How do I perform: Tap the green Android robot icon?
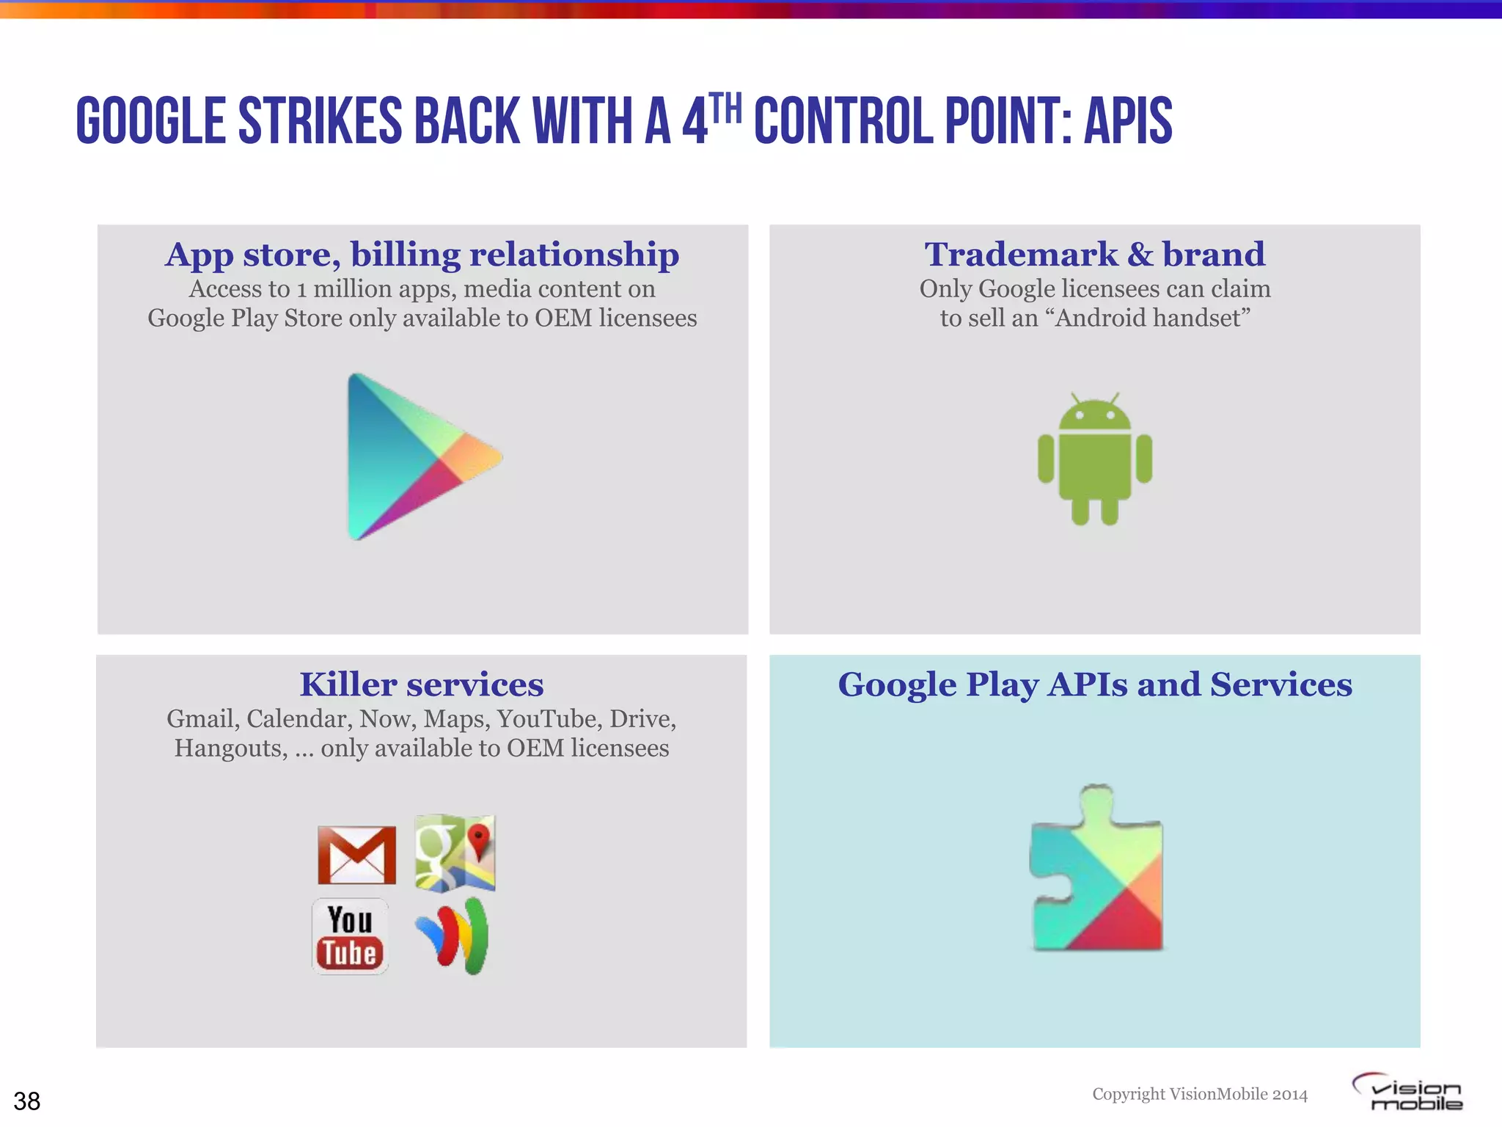[1094, 459]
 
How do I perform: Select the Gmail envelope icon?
[356, 855]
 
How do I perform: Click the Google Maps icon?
[455, 853]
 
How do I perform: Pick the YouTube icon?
[351, 936]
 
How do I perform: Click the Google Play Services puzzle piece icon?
[1096, 869]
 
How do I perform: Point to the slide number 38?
[27, 1101]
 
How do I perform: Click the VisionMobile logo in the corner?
[1408, 1093]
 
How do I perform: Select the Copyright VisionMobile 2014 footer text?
[1200, 1094]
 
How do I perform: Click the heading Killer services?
[422, 684]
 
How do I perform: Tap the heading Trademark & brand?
[1094, 254]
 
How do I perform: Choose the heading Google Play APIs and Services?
[1094, 684]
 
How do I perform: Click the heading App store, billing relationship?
[422, 254]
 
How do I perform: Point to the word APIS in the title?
[1128, 121]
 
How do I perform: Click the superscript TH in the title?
[726, 108]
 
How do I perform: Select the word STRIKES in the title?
[320, 121]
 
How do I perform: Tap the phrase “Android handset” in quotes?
[1152, 318]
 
